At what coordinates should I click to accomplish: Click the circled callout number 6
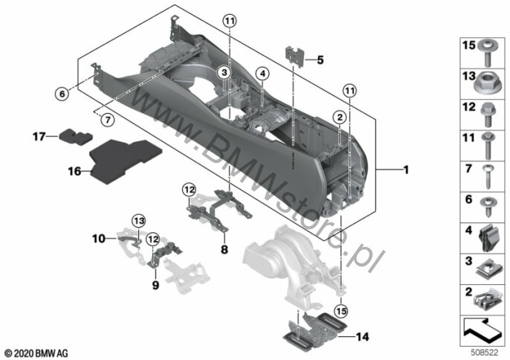coord(62,94)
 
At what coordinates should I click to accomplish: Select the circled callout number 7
coord(107,120)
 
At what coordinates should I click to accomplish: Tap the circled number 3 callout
coord(225,73)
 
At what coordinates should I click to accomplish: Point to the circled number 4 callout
coord(262,74)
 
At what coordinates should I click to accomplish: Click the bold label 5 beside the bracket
coord(320,60)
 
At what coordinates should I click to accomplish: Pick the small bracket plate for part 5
coord(294,57)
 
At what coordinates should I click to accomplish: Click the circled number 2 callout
coord(340,117)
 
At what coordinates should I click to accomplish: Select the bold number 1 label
coord(406,170)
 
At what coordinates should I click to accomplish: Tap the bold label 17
coord(39,136)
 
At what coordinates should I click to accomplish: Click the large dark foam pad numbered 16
coord(125,161)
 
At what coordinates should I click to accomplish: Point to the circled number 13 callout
coord(138,221)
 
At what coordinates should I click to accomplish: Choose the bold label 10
coord(99,239)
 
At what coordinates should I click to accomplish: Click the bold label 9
coord(155,285)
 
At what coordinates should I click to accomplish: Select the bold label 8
coord(225,250)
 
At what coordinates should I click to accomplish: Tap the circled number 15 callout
coord(341,311)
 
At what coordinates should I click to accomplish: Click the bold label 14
coord(362,336)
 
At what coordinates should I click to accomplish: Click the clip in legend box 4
coord(488,238)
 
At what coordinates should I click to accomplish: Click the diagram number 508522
coord(485,353)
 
